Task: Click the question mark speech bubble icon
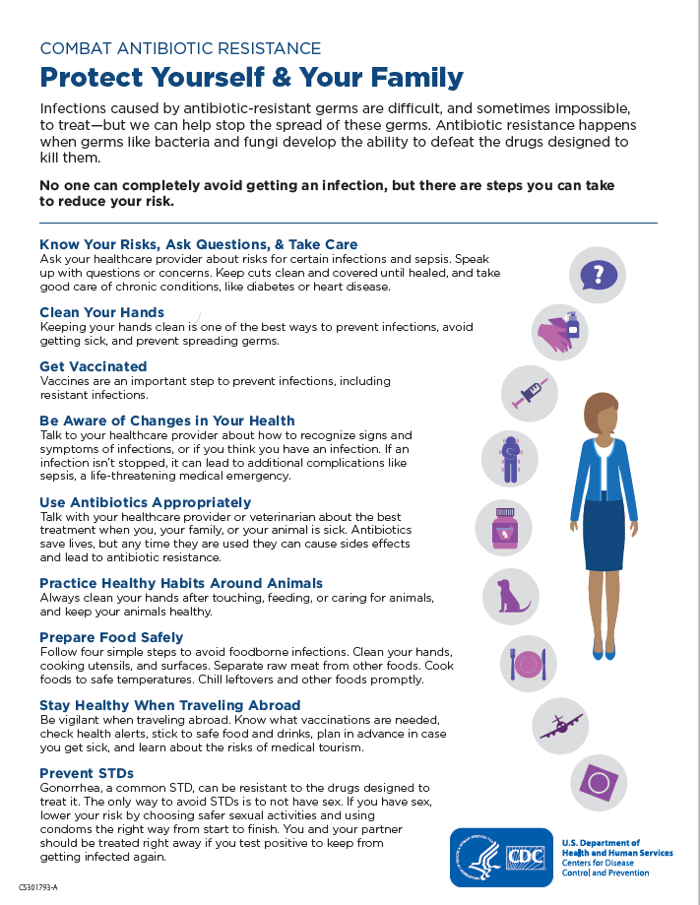[599, 274]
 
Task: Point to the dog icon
[510, 595]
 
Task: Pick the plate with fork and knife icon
[527, 662]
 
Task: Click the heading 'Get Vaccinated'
[94, 366]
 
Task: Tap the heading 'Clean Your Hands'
[101, 312]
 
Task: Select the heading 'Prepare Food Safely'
[111, 637]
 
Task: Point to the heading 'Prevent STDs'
[87, 773]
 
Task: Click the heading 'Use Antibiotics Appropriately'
[146, 502]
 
